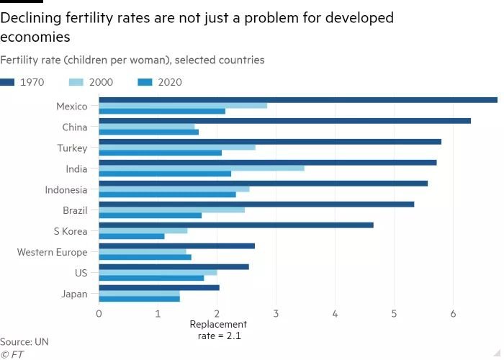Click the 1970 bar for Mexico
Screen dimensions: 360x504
click(298, 100)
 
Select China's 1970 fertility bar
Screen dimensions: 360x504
click(284, 121)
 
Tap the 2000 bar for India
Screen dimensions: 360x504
click(202, 168)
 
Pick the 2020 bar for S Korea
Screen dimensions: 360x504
click(132, 236)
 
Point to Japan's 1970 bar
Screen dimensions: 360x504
click(159, 287)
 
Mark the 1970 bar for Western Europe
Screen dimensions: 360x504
click(176, 246)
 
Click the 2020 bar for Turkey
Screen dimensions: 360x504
click(160, 153)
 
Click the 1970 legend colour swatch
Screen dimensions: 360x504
click(8, 82)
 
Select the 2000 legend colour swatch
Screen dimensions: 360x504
click(76, 82)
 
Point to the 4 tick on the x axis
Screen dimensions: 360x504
click(335, 313)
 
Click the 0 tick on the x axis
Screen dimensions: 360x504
click(99, 313)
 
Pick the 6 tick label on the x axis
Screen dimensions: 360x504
click(453, 313)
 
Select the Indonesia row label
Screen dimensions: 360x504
click(66, 190)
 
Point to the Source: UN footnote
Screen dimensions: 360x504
click(24, 342)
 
